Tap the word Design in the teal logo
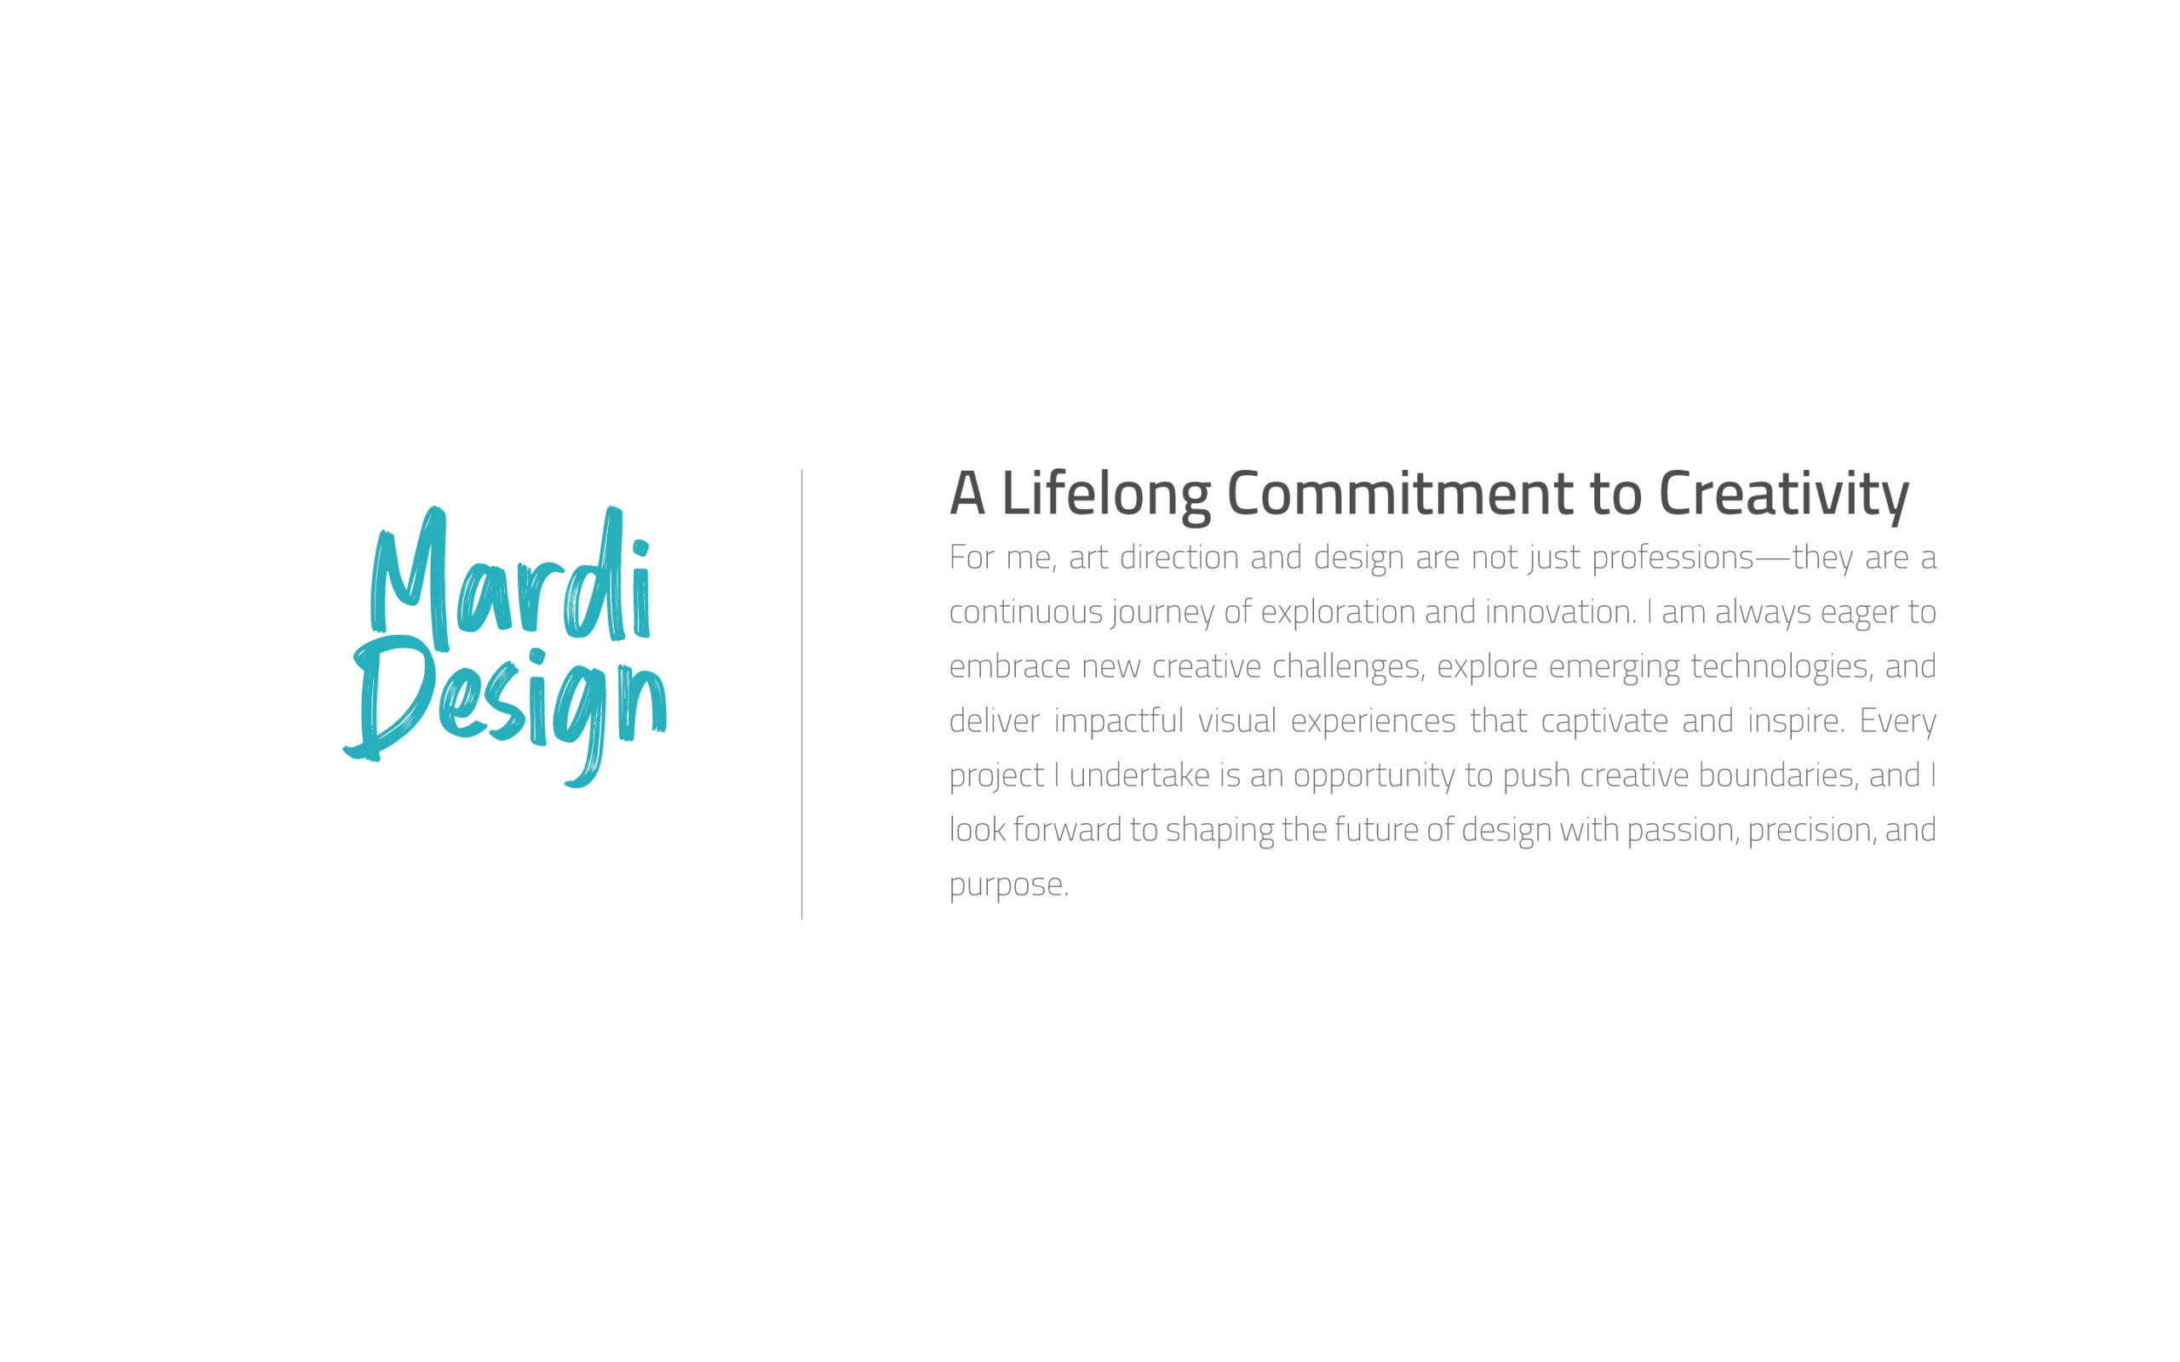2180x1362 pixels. click(x=504, y=712)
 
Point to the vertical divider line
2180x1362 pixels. click(x=801, y=694)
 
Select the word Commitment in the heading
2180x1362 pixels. click(x=1400, y=494)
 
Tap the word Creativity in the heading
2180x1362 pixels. click(x=1784, y=495)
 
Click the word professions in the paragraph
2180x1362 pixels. click(x=1672, y=558)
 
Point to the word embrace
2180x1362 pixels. click(x=1010, y=667)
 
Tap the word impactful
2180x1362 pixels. click(x=1119, y=722)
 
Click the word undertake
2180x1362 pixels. click(x=1139, y=775)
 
